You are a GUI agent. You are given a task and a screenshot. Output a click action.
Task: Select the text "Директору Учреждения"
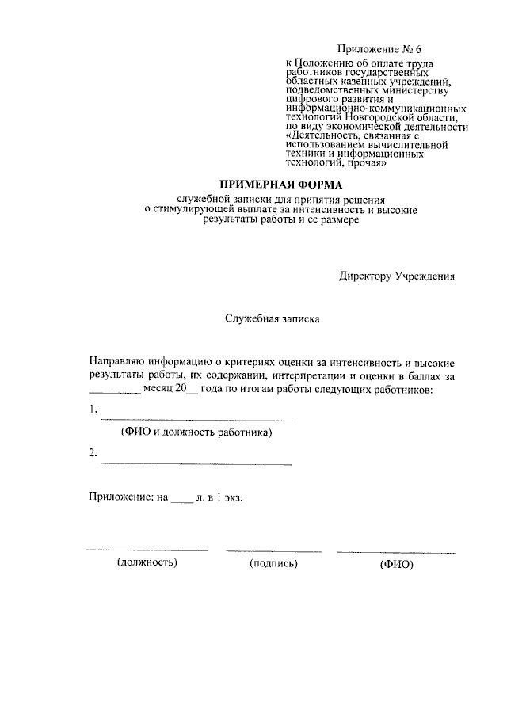[x=397, y=276]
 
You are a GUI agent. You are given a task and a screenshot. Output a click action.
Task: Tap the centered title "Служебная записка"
[x=272, y=320]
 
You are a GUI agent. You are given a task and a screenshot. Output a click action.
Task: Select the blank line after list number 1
[x=196, y=417]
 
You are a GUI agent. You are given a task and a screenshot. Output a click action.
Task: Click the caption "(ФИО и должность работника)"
[x=196, y=432]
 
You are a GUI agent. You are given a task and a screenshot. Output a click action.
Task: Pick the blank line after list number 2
[x=196, y=462]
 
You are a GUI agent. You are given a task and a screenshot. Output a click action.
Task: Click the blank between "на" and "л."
[x=181, y=501]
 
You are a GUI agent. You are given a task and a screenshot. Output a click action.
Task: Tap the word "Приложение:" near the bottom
[x=120, y=497]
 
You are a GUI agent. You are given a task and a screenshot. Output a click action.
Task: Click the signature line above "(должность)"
[x=147, y=550]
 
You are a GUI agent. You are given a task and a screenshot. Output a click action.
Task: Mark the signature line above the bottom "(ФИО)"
[x=396, y=550]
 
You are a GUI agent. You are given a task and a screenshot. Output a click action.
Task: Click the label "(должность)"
[x=147, y=563]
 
